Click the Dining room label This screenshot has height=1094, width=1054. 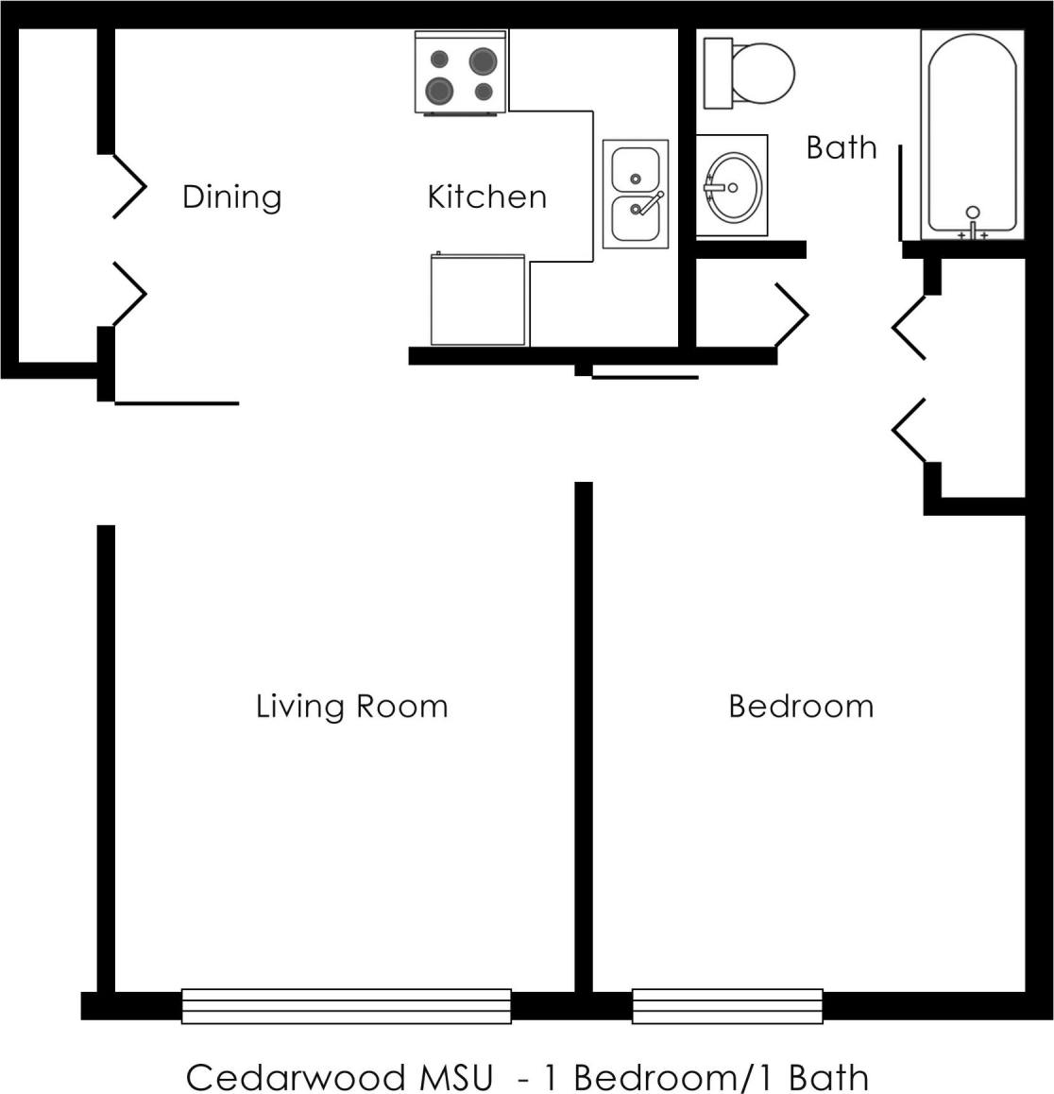231,197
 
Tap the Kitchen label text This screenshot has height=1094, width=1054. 486,197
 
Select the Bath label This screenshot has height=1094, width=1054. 841,148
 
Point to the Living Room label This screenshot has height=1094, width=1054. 351,707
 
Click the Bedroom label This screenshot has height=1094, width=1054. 801,707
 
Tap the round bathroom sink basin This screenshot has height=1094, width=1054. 733,186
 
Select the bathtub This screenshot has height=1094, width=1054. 972,132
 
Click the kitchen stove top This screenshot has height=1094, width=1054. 460,73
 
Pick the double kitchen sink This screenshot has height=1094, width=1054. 636,195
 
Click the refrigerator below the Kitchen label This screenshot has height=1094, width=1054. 478,299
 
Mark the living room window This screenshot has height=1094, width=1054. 346,1006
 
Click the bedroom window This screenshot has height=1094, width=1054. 727,1006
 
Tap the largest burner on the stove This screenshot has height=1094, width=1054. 439,91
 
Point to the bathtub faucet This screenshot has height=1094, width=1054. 973,222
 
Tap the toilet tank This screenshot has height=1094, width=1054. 718,74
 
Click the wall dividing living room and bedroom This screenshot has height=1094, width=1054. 584,737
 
